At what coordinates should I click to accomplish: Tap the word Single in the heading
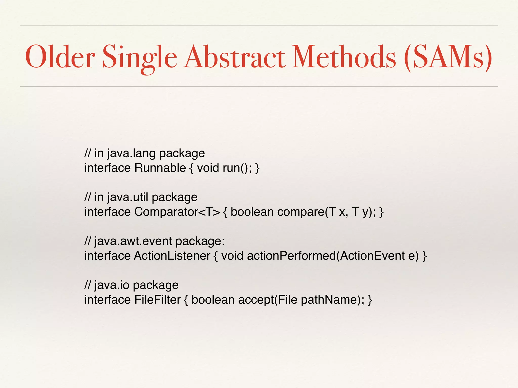pyautogui.click(x=140, y=58)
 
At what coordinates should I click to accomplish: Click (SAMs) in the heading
pyautogui.click(x=448, y=57)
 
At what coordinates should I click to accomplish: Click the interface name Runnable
pyautogui.click(x=160, y=168)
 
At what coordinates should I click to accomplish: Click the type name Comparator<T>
pyautogui.click(x=177, y=212)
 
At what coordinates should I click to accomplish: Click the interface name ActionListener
pyautogui.click(x=172, y=256)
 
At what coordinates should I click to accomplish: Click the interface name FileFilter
pyautogui.click(x=157, y=300)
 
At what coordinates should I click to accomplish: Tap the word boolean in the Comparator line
pyautogui.click(x=252, y=212)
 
